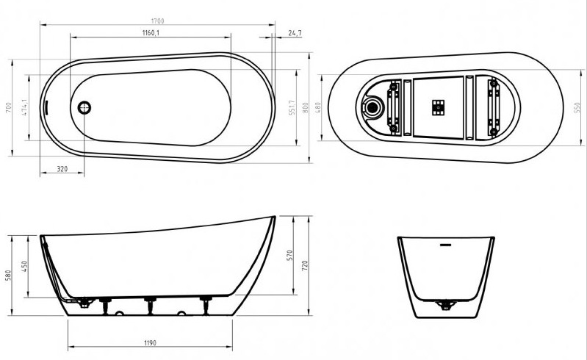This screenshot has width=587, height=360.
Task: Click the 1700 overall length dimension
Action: [x=158, y=21]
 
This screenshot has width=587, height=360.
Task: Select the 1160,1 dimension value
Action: [x=151, y=32]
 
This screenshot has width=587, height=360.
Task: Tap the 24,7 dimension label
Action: [x=295, y=33]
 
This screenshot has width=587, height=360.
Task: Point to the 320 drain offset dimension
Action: [x=62, y=169]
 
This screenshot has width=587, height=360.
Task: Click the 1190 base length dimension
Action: [x=150, y=343]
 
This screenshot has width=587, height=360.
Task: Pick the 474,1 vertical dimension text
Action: [x=24, y=108]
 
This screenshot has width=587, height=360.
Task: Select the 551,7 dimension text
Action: [x=292, y=108]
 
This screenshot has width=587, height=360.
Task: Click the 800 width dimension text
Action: [x=305, y=108]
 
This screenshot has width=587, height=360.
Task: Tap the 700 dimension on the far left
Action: [x=9, y=108]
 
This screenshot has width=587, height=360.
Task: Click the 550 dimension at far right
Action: [x=577, y=108]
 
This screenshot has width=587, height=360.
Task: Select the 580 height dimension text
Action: [x=8, y=276]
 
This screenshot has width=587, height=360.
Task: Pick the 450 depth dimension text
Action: [x=24, y=267]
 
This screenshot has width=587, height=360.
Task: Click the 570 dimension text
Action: [x=289, y=256]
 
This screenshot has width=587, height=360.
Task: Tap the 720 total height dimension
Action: [x=305, y=266]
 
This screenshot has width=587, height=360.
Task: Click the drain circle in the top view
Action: [x=84, y=108]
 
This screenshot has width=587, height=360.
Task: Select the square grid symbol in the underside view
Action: [x=438, y=107]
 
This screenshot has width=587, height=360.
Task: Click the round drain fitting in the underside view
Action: [x=372, y=107]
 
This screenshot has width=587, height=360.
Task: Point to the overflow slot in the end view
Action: [x=445, y=245]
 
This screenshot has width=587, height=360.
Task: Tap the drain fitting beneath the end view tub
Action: [x=445, y=305]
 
